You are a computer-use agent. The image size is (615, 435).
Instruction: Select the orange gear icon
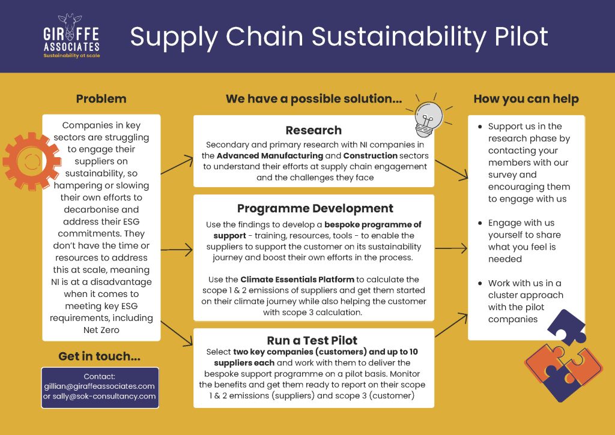(x=31, y=161)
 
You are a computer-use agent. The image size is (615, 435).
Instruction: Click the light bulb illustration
(x=429, y=117)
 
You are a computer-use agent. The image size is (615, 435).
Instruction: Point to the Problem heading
(x=101, y=99)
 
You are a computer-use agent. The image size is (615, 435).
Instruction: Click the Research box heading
(x=314, y=130)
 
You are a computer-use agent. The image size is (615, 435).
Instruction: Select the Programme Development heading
(x=315, y=208)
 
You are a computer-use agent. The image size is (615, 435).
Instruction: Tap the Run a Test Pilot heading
(x=312, y=340)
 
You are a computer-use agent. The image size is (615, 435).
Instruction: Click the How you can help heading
(x=526, y=99)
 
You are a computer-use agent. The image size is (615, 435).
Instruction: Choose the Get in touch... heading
(x=99, y=356)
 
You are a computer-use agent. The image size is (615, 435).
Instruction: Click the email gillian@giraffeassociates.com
(x=99, y=386)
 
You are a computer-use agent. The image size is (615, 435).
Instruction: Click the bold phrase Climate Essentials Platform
(x=297, y=280)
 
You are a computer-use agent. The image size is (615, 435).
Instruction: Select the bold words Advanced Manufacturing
(x=270, y=155)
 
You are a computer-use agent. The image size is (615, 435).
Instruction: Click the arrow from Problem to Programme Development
(x=177, y=250)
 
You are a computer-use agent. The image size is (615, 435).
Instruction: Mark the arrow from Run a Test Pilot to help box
(x=452, y=325)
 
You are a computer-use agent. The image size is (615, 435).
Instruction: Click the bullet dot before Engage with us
(x=480, y=223)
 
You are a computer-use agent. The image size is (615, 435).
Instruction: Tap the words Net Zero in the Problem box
(x=101, y=330)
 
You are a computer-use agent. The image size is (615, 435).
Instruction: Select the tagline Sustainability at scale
(x=71, y=56)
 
